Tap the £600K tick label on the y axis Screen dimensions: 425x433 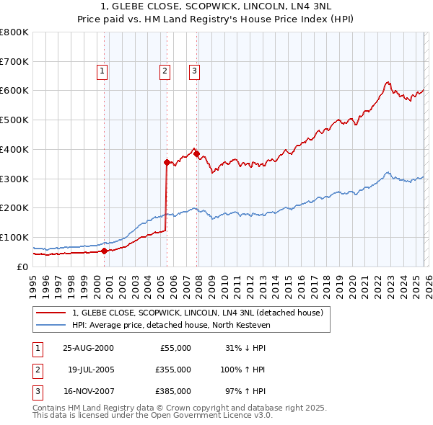tap(14, 91)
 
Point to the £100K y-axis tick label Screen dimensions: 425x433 tap(14, 237)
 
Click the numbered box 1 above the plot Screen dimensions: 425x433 tap(102, 71)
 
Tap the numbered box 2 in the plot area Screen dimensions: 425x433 tap(165, 71)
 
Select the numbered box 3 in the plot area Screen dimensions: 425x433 tap(195, 71)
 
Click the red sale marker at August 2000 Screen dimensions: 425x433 tap(105, 251)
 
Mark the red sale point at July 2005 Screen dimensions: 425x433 tap(167, 163)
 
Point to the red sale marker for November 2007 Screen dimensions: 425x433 tap(196, 153)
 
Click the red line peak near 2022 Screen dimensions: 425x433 tap(388, 82)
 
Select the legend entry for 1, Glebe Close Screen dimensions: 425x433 tap(201, 313)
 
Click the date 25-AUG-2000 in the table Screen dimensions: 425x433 tap(88, 347)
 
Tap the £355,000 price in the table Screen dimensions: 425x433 tap(174, 370)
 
